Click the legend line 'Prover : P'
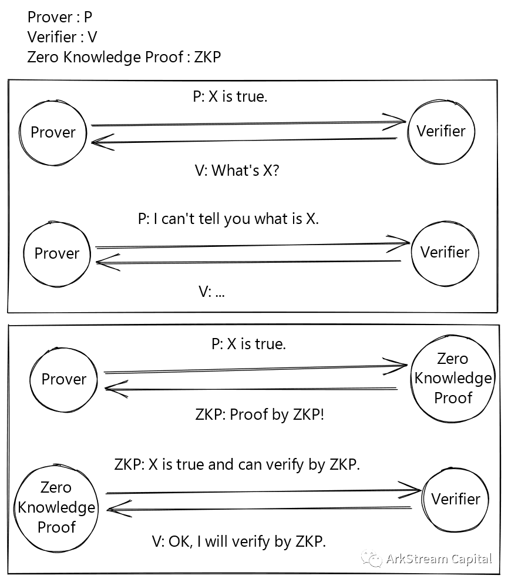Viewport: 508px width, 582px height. (x=60, y=17)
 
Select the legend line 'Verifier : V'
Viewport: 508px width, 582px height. (x=62, y=37)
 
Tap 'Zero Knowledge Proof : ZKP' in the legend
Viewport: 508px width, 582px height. (x=124, y=57)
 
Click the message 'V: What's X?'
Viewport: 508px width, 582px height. (x=237, y=170)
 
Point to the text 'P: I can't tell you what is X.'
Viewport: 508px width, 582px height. (x=228, y=219)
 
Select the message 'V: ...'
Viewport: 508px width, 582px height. (x=211, y=291)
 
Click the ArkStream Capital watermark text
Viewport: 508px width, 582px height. (x=439, y=558)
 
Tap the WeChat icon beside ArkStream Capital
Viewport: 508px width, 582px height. (x=371, y=558)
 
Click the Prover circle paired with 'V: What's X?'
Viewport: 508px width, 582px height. (x=53, y=132)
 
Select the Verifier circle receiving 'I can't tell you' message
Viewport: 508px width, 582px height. (x=445, y=253)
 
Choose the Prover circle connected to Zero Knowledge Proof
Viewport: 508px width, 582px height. (x=63, y=380)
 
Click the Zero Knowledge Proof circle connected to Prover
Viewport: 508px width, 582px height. (x=453, y=378)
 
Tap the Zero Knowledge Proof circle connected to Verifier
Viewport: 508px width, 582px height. (x=56, y=507)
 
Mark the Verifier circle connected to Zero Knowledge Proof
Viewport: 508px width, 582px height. (x=456, y=499)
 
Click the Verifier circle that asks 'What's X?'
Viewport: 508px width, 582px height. (x=441, y=131)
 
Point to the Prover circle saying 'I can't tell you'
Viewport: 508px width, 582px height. (x=56, y=253)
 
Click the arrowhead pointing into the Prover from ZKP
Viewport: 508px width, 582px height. (x=112, y=387)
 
